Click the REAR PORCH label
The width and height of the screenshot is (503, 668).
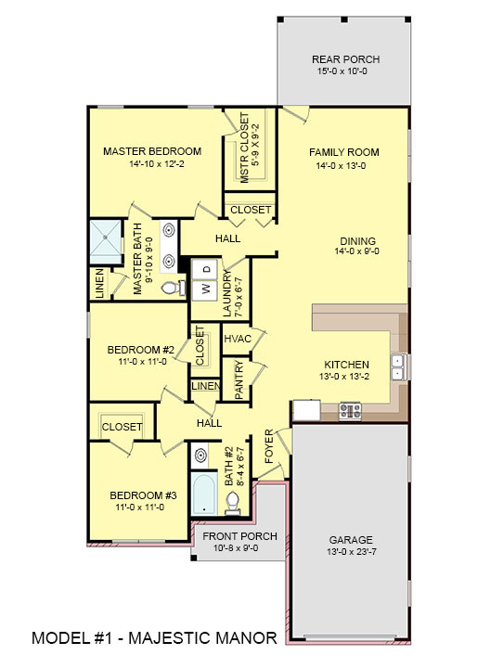pos(345,59)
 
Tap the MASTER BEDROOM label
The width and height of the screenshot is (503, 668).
pos(152,151)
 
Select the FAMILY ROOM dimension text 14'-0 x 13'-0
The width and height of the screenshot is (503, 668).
pos(344,167)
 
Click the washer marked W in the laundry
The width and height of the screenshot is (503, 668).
pos(206,288)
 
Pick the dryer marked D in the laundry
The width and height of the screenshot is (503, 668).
pos(206,269)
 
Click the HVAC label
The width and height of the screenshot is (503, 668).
pos(238,339)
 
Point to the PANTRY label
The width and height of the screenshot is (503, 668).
pos(239,380)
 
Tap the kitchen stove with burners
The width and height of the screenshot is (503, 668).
pos(350,409)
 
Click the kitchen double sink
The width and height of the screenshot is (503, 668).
pos(396,368)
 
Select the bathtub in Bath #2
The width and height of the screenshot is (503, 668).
pos(203,493)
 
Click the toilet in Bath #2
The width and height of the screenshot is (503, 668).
pos(233,502)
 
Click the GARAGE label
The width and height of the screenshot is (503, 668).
pos(350,539)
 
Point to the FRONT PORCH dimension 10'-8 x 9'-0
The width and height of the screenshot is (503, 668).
pos(226,547)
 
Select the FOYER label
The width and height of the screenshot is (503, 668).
pos(270,446)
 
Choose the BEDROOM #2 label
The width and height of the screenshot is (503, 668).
pos(136,350)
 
